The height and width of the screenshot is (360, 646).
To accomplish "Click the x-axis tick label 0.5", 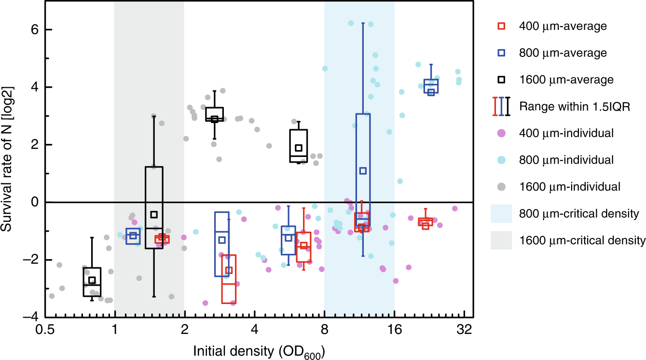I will (x=45, y=332).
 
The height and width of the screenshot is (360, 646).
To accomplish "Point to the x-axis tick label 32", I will (x=464, y=332).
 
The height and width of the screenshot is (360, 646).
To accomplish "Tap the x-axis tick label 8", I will (x=324, y=332).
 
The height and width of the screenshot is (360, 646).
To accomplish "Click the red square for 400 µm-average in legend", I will (x=502, y=26).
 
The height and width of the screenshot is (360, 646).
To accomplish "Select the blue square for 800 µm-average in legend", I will (x=502, y=53).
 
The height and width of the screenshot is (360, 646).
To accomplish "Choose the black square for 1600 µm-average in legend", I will (x=502, y=79).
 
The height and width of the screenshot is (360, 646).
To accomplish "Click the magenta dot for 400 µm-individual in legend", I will (x=502, y=132).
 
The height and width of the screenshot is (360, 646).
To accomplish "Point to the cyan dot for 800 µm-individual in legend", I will (x=502, y=159).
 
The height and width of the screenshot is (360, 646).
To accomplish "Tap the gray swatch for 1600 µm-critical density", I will (x=502, y=239).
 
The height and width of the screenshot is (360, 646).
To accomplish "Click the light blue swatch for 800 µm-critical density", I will (x=502, y=213).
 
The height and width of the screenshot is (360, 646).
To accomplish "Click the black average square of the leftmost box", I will (x=92, y=280).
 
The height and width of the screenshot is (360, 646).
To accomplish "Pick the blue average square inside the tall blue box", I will (x=363, y=171).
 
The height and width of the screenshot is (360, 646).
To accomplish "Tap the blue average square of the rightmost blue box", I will (x=431, y=92).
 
